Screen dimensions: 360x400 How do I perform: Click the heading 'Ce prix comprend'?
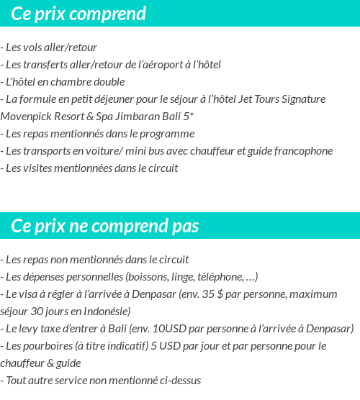[78, 14]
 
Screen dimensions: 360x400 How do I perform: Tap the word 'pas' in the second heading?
[184, 226]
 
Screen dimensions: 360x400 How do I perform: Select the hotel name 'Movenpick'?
[27, 117]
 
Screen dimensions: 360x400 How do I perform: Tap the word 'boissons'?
[148, 277]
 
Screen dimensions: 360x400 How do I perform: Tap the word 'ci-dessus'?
[180, 381]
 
